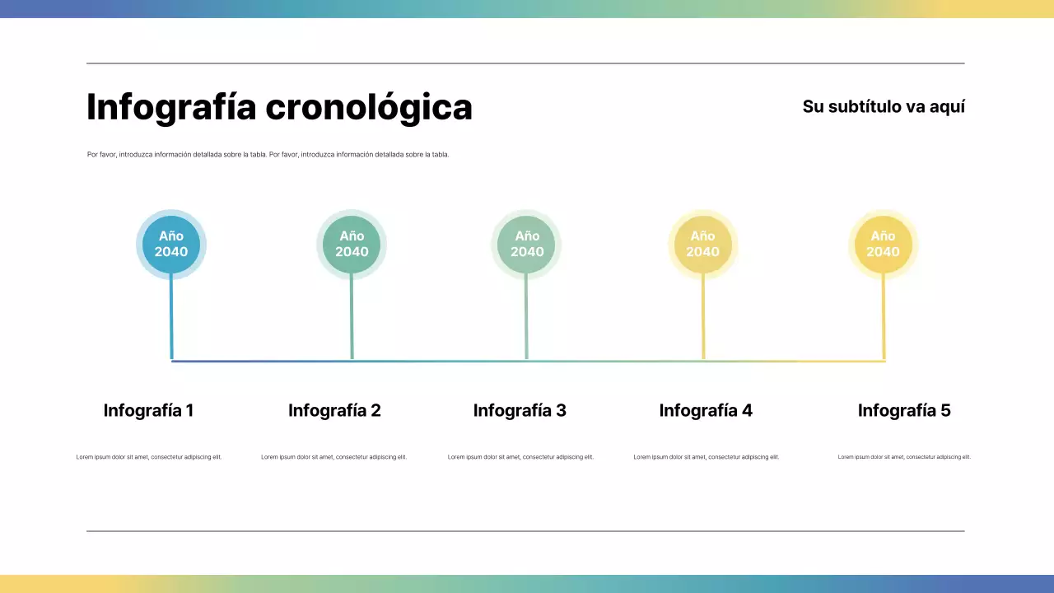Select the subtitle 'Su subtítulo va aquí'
pos(884,106)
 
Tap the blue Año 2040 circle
pos(171,244)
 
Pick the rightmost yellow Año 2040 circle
pos(883,244)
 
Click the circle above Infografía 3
pos(527,244)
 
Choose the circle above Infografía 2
pos(352,244)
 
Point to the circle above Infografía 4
pos(702,244)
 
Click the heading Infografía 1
pos(148,410)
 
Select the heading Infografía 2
pos(334,410)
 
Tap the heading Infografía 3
pos(520,410)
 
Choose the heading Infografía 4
pos(706,410)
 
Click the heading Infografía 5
pos(904,410)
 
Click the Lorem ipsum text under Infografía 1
pos(149,457)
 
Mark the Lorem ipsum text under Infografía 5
pos(904,457)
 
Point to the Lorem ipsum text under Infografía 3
pos(520,457)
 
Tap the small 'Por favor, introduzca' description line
pos(268,155)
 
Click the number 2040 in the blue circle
pos(171,252)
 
